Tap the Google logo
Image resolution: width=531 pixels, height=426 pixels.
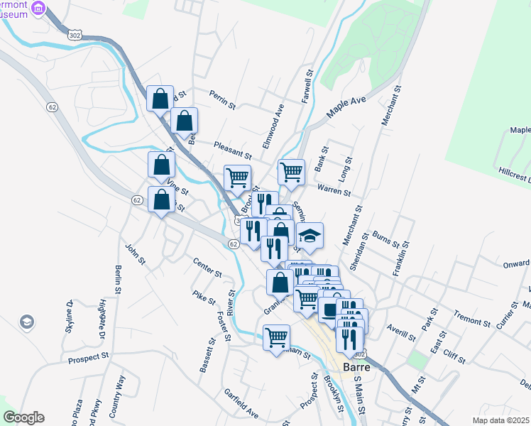click(23, 417)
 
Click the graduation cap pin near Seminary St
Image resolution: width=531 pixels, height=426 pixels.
click(310, 236)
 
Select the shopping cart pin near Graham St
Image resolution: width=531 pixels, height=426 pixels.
click(276, 337)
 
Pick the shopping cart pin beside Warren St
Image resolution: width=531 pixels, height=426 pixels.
click(291, 172)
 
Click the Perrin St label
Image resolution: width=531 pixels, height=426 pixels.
click(222, 99)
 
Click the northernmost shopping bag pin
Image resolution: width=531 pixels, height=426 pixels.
click(160, 97)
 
